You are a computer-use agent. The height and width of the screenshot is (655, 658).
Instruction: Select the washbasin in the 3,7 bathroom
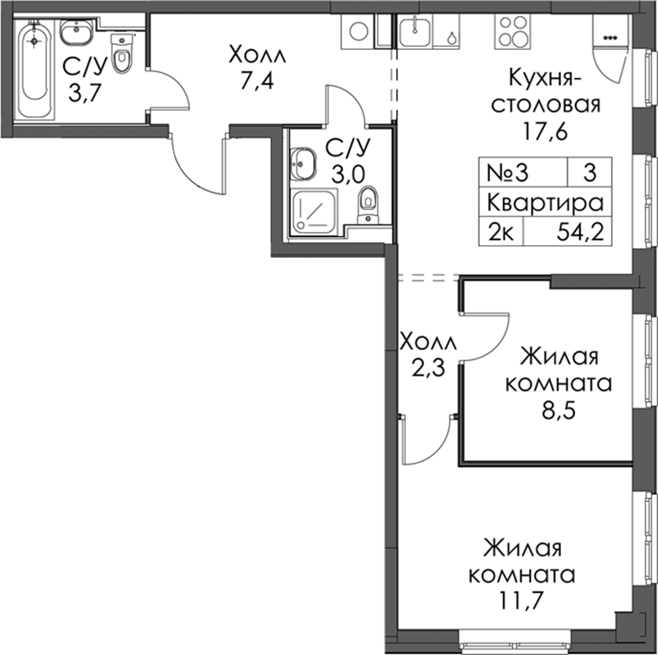point(76,31)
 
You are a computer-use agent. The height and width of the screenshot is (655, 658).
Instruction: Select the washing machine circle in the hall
point(359,32)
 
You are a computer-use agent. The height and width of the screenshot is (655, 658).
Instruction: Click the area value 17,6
point(545,132)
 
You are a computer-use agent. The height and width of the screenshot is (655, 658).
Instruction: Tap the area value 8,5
point(559,411)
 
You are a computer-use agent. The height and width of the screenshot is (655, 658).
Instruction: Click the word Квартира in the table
point(545,203)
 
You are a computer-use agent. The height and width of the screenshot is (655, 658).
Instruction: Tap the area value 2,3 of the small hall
point(428,369)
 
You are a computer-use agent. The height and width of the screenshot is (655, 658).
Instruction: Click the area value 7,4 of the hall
point(257,81)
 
